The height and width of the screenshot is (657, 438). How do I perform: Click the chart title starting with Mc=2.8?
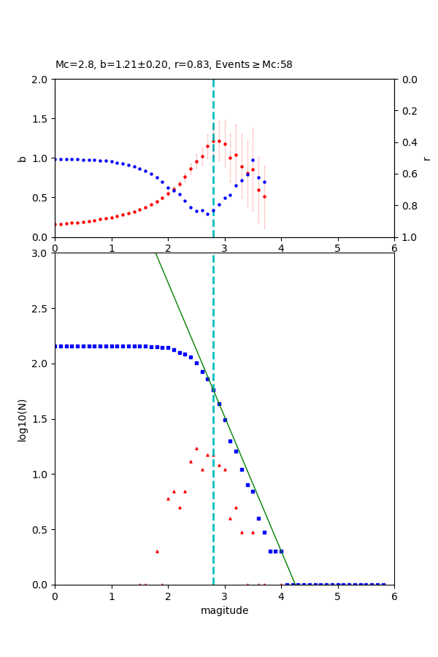[x=174, y=65]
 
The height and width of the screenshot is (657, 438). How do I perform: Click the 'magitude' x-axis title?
[x=224, y=610]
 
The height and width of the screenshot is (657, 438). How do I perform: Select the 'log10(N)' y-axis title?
[x=22, y=419]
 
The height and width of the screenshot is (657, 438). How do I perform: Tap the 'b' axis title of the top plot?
[x=22, y=158]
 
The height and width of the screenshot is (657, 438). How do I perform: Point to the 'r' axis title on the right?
[x=427, y=158]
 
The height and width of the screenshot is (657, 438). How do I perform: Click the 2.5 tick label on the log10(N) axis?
[x=41, y=309]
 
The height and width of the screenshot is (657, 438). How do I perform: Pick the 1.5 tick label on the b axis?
[x=41, y=119]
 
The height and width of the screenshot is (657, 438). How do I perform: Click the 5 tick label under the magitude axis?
[x=337, y=596]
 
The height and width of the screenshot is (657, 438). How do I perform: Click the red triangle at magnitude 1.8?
[x=157, y=551]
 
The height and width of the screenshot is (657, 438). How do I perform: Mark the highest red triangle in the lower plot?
[x=196, y=448]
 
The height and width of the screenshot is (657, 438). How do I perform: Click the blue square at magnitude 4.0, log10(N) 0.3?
[x=281, y=551]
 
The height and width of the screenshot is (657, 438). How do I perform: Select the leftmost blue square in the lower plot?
[x=55, y=346]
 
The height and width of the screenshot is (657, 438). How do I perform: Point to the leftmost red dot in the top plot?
[x=55, y=225]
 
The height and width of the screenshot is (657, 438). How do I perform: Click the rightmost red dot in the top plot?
[x=264, y=196]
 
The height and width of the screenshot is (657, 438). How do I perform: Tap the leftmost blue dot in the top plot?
[x=55, y=159]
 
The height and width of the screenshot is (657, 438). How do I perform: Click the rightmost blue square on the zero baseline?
[x=383, y=584]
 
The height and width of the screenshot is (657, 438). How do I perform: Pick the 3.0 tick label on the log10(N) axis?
[x=41, y=253]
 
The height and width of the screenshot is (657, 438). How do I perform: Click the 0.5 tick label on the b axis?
[x=41, y=198]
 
